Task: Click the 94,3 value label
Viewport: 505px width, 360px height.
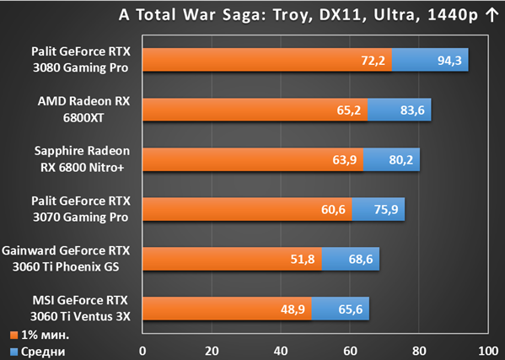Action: (x=449, y=60)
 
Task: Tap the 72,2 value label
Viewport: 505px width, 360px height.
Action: (x=373, y=60)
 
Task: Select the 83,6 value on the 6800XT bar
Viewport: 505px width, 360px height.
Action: (x=412, y=110)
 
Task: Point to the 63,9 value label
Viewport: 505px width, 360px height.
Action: (x=345, y=159)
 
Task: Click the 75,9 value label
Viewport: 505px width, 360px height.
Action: (x=386, y=209)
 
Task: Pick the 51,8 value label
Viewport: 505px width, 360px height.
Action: (x=303, y=259)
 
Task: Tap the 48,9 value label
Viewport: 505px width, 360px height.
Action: (x=293, y=309)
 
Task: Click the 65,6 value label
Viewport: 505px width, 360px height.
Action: (x=351, y=309)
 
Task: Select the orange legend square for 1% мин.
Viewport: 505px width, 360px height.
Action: (x=13, y=336)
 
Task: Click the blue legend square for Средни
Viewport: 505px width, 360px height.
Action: (x=13, y=352)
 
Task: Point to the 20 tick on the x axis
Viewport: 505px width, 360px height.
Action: (x=212, y=351)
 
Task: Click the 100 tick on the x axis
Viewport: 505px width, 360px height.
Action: (x=488, y=351)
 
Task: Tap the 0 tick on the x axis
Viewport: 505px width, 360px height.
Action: (x=142, y=351)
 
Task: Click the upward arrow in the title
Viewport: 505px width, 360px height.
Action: (x=492, y=15)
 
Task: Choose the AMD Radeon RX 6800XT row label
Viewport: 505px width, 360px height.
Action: (x=83, y=110)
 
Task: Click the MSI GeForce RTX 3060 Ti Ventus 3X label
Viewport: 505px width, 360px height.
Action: (x=80, y=309)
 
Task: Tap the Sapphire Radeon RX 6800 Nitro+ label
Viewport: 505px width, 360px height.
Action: (x=82, y=159)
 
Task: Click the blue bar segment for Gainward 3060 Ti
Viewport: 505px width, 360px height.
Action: (x=351, y=259)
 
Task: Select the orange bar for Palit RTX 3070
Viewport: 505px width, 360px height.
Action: (x=247, y=209)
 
